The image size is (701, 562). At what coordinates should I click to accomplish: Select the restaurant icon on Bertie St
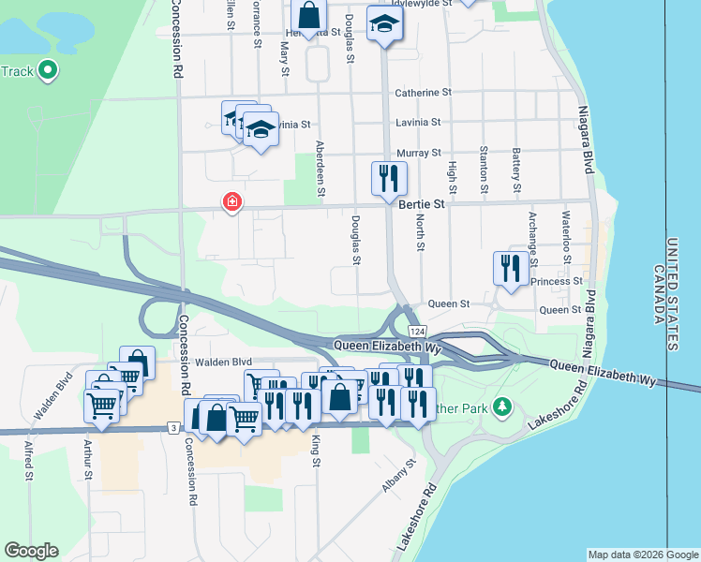(389, 178)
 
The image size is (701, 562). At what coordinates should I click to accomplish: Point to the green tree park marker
(503, 406)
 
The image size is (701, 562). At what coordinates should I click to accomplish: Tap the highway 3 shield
(173, 428)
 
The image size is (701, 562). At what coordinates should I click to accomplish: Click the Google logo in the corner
(31, 550)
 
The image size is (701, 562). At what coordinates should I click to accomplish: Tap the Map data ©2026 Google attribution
(643, 555)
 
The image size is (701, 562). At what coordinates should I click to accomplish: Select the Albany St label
(396, 478)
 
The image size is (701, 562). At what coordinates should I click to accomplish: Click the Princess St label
(556, 281)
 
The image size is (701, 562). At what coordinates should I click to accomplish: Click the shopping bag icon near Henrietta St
(307, 15)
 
